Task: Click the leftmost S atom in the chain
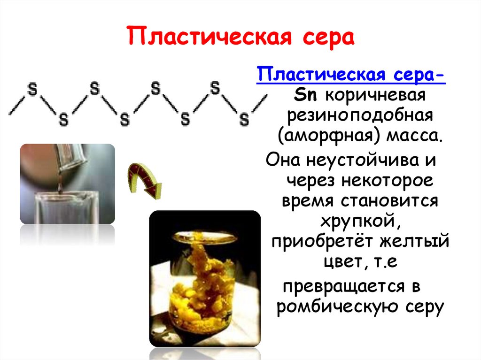point(32,90)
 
